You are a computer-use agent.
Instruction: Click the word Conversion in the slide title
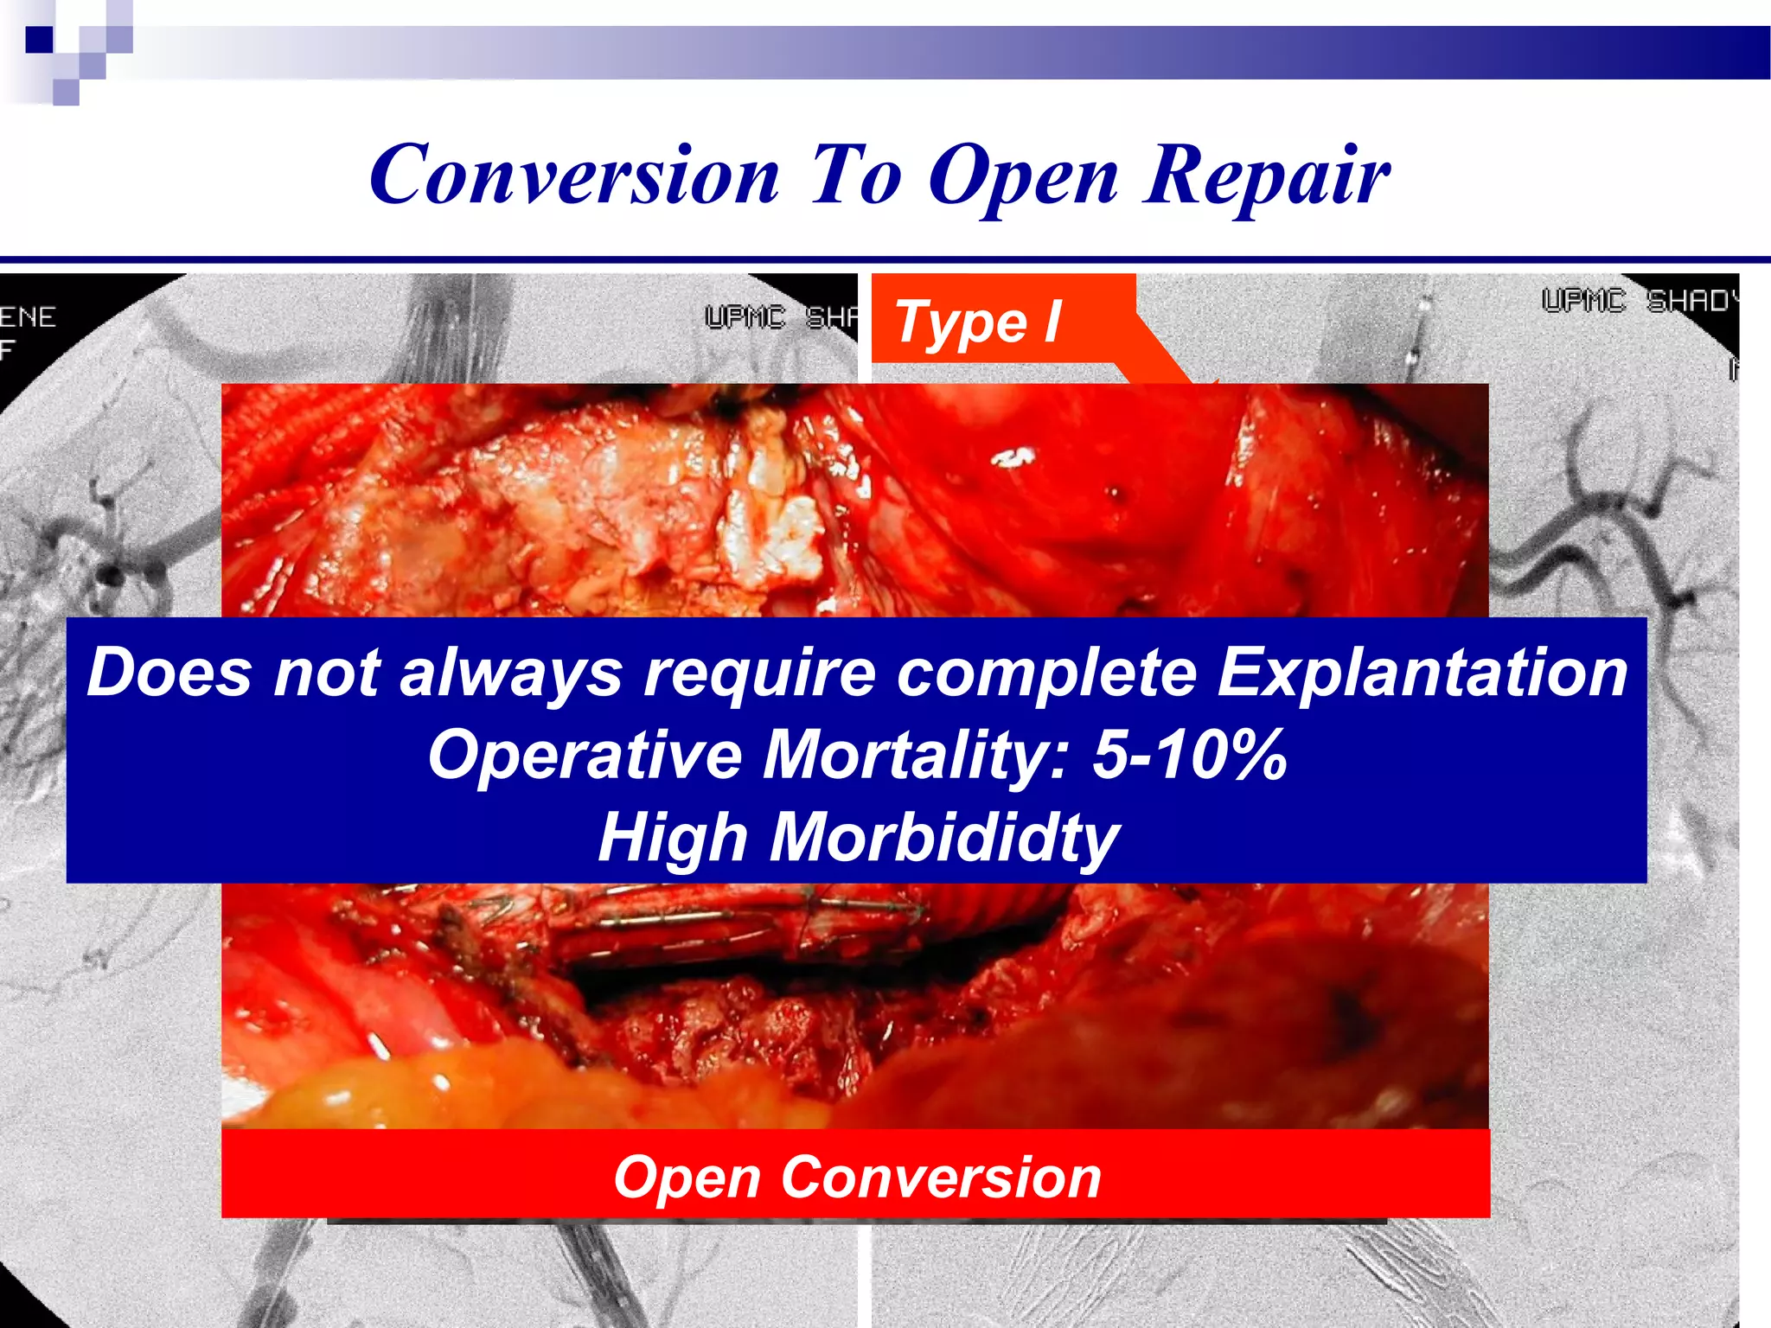[574, 175]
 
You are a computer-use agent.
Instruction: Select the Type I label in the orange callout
[977, 322]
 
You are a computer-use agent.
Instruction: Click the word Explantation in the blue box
[1422, 673]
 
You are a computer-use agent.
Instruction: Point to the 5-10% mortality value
[1189, 754]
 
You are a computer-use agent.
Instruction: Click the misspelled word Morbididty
[944, 837]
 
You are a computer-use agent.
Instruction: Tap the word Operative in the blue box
[585, 754]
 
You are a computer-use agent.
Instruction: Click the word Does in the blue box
[170, 673]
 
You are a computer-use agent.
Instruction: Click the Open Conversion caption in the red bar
[856, 1177]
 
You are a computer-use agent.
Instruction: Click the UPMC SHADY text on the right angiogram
[1639, 301]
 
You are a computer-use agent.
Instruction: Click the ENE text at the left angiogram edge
[28, 317]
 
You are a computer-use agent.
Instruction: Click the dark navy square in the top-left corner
[40, 40]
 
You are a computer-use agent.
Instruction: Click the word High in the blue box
[673, 837]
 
